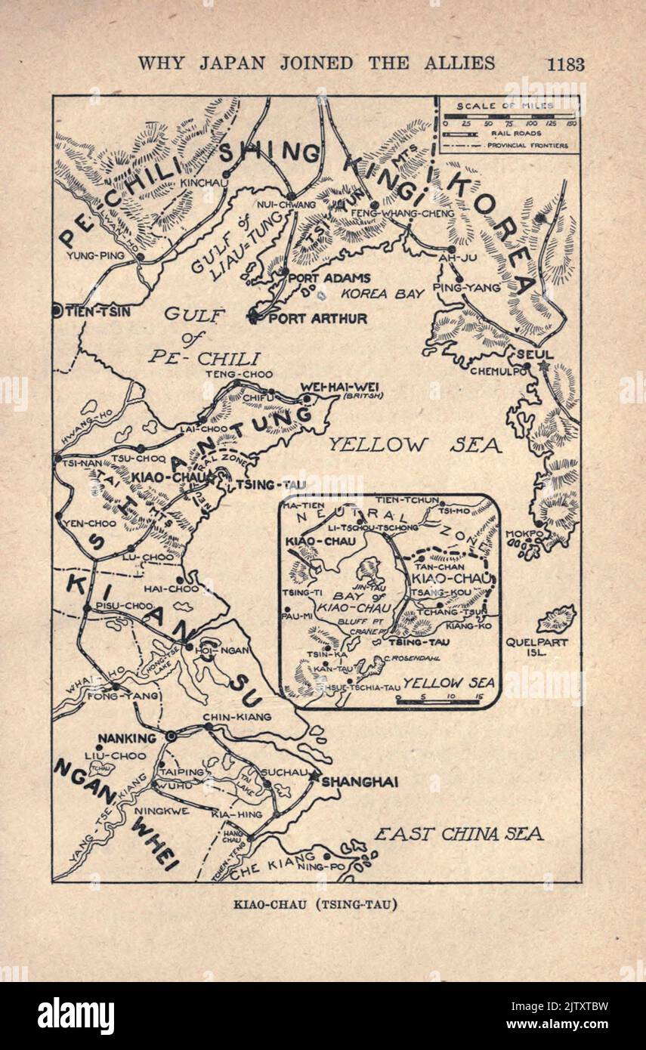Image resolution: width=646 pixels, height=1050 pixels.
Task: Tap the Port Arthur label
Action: [317, 319]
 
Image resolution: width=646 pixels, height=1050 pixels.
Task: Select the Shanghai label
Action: [360, 783]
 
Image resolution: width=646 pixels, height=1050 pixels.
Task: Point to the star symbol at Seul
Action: [544, 366]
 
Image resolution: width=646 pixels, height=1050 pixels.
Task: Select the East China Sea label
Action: [459, 834]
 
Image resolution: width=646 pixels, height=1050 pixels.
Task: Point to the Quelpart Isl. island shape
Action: [556, 618]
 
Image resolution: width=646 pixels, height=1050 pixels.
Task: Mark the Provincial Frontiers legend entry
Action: [527, 145]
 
